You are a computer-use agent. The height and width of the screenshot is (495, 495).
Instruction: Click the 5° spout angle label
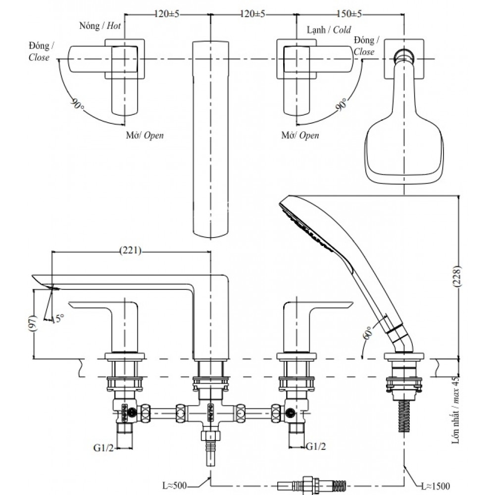(x=59, y=319)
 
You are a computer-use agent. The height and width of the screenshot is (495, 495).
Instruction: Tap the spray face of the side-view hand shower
(x=301, y=222)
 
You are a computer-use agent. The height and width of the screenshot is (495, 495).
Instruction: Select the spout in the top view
(x=211, y=139)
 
